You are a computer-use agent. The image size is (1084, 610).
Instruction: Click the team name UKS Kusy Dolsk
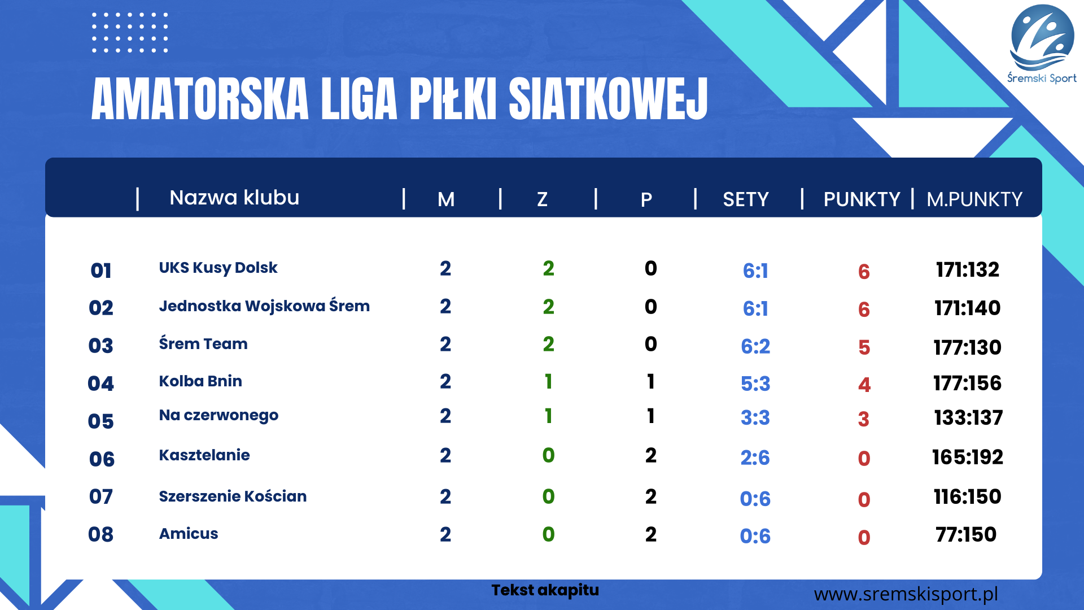pos(218,268)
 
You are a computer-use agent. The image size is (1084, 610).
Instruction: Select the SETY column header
pos(745,199)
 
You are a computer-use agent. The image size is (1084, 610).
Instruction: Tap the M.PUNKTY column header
pos(974,199)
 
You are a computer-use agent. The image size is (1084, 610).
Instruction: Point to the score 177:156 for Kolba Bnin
pos(967,383)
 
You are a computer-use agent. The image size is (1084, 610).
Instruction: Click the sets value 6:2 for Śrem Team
pos(755,346)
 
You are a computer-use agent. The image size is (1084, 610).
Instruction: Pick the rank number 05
pos(101,421)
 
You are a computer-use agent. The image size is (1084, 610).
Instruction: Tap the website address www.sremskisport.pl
pos(906,594)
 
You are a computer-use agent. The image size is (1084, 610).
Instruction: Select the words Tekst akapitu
pos(545,590)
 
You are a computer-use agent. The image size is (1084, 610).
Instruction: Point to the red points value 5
pos(864,347)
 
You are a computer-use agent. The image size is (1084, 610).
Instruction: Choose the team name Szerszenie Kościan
pos(233,496)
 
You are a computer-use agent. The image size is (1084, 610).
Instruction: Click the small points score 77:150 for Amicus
pos(966,534)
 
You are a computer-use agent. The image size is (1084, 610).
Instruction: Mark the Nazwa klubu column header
pos(234,198)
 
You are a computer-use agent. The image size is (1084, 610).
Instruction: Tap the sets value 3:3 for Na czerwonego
pos(755,418)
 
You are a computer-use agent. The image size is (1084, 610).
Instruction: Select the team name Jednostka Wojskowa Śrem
pos(264,306)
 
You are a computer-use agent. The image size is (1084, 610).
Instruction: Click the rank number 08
pos(101,534)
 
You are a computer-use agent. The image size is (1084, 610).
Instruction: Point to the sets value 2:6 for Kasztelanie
pos(755,457)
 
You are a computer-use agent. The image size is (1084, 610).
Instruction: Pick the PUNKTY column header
pos(862,199)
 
